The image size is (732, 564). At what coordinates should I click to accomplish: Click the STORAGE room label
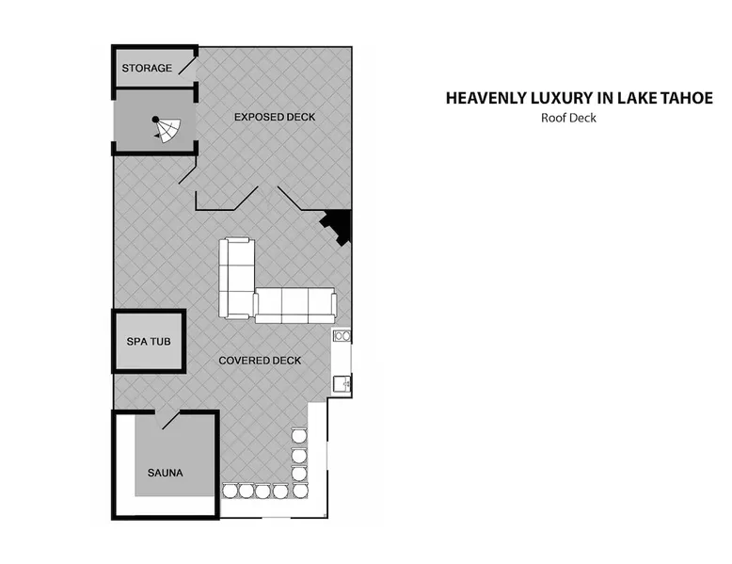pos(147,68)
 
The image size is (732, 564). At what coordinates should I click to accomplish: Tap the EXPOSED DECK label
pos(275,117)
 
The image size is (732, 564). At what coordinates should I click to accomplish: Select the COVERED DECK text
pos(260,361)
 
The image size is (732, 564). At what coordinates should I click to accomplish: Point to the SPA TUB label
pos(149,342)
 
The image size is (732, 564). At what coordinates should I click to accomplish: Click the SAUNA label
pos(166,473)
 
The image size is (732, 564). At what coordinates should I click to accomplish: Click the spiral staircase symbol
pos(167,129)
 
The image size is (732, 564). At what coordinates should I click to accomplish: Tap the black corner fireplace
pos(338,225)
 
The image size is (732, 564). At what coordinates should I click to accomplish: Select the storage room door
pos(187,65)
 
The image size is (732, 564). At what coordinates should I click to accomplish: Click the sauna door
pos(170,420)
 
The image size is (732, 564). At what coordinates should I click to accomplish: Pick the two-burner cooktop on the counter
pos(342,335)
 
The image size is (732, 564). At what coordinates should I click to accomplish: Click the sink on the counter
pos(342,383)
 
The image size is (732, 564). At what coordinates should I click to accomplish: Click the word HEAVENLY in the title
pos(486,98)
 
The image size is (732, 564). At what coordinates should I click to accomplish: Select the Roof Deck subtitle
pos(568,118)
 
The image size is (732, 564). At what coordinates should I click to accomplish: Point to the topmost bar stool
pos(299,436)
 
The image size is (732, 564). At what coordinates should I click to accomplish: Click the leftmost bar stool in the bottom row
pos(231,491)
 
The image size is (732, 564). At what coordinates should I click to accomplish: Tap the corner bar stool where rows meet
pos(300,491)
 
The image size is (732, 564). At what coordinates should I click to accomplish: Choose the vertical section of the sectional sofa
pos(237,279)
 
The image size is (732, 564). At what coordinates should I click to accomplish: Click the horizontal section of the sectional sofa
pos(295,306)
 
